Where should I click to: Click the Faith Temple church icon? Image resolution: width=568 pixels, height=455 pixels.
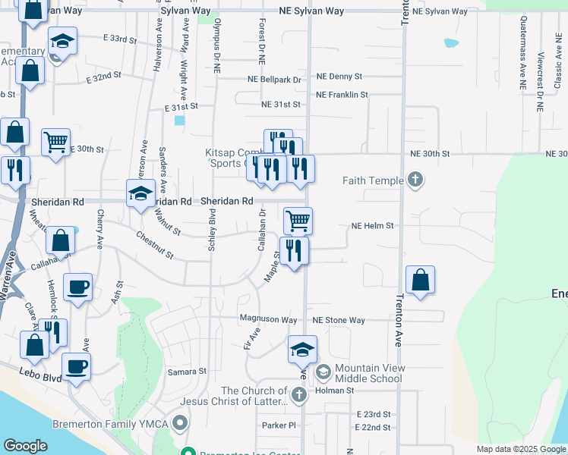click(415, 180)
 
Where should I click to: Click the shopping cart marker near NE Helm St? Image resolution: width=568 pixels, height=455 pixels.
click(298, 221)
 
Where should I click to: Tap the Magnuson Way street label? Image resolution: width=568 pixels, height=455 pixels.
click(268, 320)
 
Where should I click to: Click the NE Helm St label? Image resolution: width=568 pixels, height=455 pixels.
click(372, 226)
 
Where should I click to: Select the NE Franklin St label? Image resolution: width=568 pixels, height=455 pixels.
click(342, 96)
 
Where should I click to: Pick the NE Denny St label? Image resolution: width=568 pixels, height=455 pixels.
click(339, 77)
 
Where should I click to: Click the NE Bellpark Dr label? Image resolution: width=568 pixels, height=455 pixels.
click(274, 79)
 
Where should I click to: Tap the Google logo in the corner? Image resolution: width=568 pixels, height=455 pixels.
click(25, 446)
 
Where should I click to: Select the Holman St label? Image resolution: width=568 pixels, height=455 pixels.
click(335, 391)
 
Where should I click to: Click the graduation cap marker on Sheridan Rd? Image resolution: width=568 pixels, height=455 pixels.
click(141, 194)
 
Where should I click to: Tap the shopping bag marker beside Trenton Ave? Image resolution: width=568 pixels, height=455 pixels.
click(420, 280)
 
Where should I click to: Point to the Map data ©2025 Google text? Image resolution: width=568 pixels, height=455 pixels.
click(520, 449)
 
